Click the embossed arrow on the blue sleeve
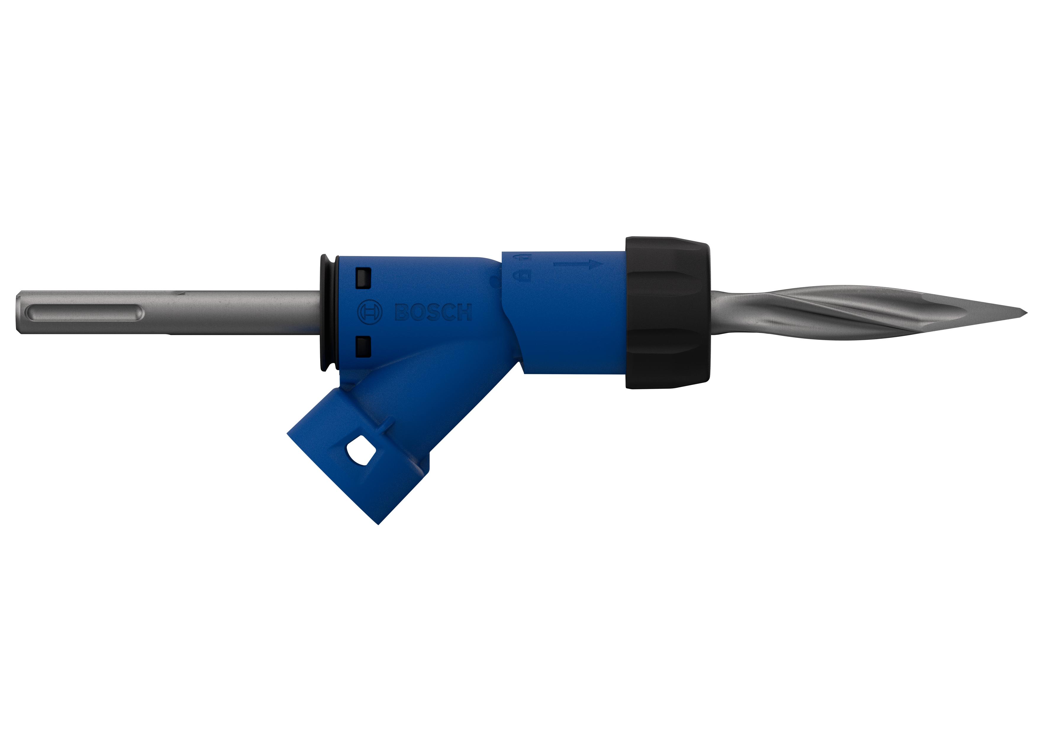click(x=579, y=265)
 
